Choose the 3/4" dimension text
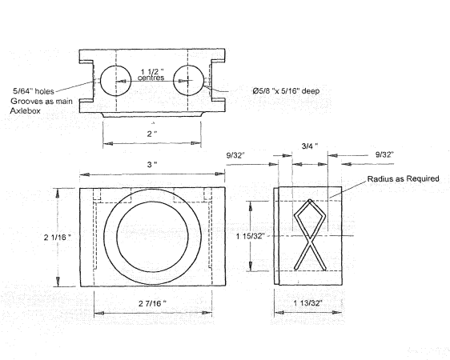[x=307, y=146]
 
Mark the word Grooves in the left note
[x=29, y=102]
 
